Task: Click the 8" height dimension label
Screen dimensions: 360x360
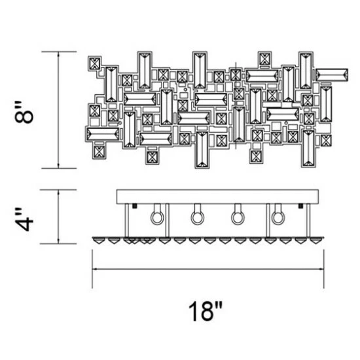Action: click(24, 112)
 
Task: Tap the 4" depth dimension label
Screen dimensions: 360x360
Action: click(24, 219)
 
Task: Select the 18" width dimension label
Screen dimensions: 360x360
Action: click(206, 312)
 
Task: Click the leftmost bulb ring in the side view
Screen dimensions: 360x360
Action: click(157, 217)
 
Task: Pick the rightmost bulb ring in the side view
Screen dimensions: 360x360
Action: click(278, 217)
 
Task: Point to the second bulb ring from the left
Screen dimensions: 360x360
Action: click(198, 217)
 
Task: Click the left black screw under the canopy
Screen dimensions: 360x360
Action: click(135, 206)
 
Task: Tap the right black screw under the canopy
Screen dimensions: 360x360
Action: click(300, 206)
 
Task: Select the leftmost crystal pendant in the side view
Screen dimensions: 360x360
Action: click(98, 241)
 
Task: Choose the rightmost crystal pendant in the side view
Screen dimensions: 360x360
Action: click(315, 241)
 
